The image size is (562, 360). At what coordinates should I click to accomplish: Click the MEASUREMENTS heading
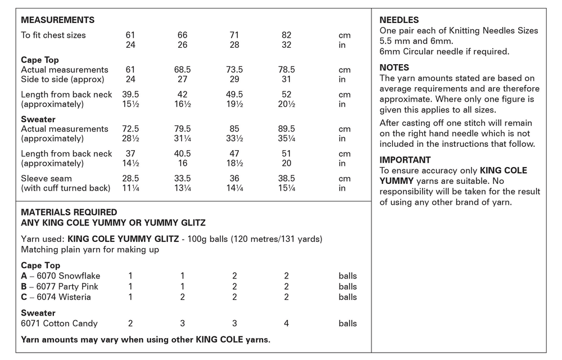click(x=57, y=20)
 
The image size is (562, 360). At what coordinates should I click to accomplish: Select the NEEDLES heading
click(x=399, y=20)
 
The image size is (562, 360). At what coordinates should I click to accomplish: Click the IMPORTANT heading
click(x=405, y=160)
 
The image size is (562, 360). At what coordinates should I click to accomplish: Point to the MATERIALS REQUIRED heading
click(x=69, y=213)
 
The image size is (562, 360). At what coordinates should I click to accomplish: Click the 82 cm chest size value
click(x=286, y=35)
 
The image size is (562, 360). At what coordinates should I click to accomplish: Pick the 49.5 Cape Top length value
click(x=234, y=94)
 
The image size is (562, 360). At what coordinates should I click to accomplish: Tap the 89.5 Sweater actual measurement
click(x=286, y=129)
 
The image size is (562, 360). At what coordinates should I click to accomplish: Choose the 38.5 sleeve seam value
click(x=286, y=178)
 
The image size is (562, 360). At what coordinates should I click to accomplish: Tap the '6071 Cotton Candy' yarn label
click(x=59, y=323)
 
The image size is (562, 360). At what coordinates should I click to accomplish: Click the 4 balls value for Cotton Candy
click(x=286, y=323)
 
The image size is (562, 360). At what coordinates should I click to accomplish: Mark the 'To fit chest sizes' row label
click(x=53, y=35)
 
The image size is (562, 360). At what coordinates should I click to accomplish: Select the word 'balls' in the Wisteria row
click(x=347, y=297)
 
